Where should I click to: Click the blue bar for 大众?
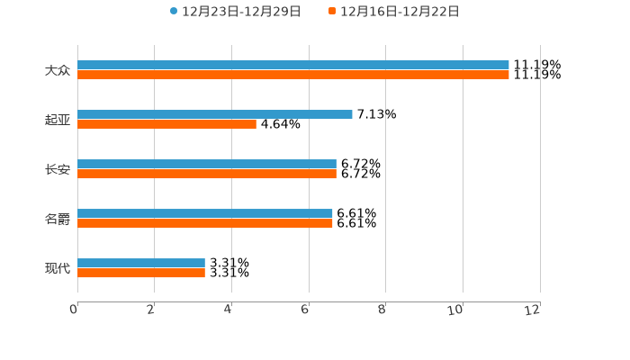click(x=292, y=65)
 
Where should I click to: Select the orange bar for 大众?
click(x=292, y=75)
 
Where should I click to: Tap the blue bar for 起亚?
click(x=214, y=114)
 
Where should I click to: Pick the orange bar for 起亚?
click(x=166, y=124)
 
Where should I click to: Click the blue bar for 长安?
click(x=206, y=164)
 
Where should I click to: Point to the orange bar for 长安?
click(x=206, y=174)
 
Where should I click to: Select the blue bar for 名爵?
click(x=204, y=213)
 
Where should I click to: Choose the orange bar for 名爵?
click(x=204, y=223)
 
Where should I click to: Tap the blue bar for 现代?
click(x=140, y=263)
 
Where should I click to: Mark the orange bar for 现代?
click(x=140, y=273)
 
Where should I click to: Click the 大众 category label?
click(x=57, y=70)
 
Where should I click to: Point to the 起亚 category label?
click(x=57, y=120)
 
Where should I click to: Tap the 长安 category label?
click(x=57, y=169)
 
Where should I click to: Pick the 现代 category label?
click(x=57, y=268)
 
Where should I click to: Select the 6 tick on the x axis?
click(x=305, y=310)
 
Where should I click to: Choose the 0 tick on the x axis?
click(x=75, y=310)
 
